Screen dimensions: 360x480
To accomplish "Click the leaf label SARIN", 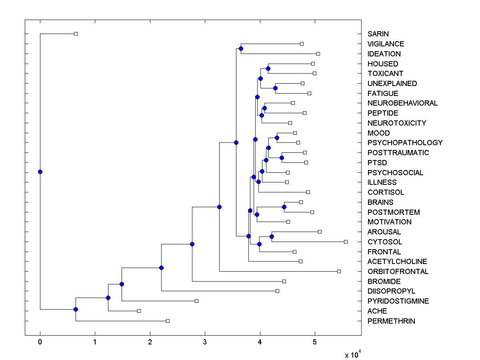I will point(378,34).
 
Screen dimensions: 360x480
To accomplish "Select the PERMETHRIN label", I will point(391,321).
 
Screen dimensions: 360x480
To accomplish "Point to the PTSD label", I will point(377,163).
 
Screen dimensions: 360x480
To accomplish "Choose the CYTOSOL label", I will point(385,242).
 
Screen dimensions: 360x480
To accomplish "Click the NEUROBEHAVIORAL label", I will point(402,103).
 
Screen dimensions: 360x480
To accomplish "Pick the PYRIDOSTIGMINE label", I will point(398,301).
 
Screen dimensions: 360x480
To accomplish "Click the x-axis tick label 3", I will point(205,342).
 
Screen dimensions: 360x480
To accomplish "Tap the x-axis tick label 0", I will point(40,342).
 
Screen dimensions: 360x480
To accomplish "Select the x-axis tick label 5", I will point(315,342).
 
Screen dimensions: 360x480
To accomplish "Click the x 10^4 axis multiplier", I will point(353,354).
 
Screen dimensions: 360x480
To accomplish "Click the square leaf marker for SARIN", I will point(76,34).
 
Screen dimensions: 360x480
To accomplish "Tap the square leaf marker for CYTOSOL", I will point(346,242).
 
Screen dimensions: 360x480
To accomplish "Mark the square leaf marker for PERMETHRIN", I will point(168,321).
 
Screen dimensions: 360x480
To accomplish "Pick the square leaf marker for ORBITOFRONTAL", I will point(339,271).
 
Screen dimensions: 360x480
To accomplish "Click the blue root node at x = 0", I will point(40,172).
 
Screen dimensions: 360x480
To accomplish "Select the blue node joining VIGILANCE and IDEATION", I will point(241,48).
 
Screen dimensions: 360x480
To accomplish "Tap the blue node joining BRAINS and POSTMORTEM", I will point(284,207).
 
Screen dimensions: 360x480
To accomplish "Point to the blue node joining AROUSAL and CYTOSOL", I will point(272,236).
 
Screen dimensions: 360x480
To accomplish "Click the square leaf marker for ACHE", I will point(139,311).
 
